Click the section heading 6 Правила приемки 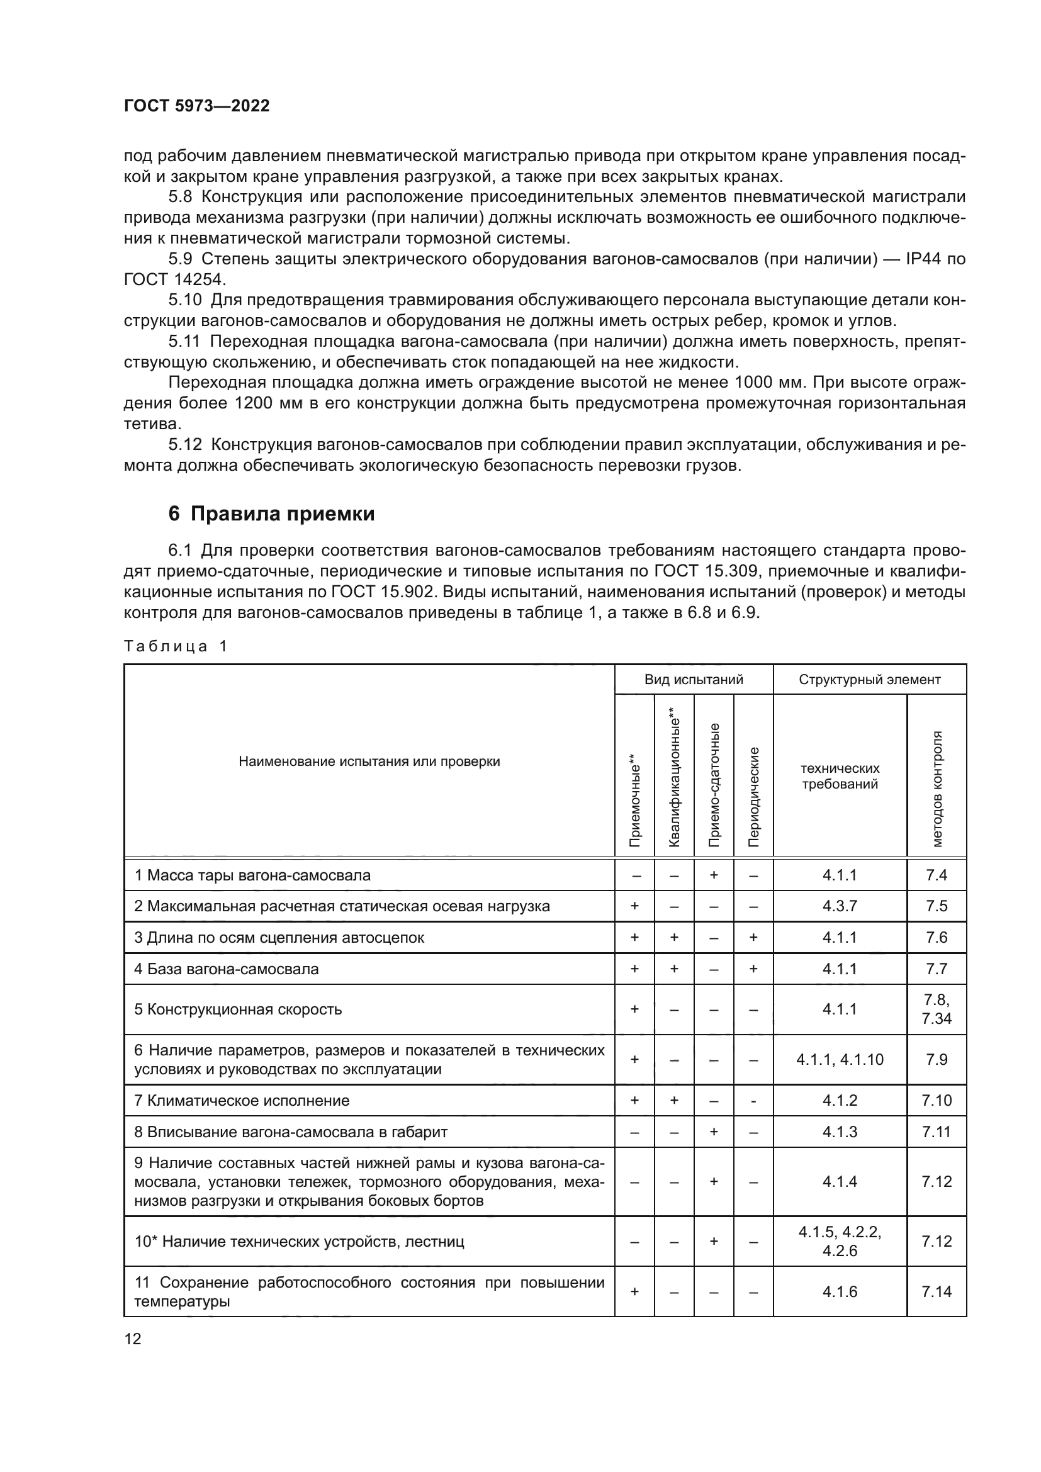click(271, 514)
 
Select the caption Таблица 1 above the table click(176, 646)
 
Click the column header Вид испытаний click(694, 679)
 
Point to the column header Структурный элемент click(869, 679)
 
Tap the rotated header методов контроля click(937, 789)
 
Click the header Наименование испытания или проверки click(369, 761)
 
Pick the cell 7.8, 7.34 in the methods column click(936, 1009)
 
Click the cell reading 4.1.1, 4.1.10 click(840, 1060)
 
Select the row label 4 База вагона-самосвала click(227, 969)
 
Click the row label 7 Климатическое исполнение click(242, 1101)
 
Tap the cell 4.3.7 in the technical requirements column click(840, 906)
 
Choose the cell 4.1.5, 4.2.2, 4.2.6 click(840, 1241)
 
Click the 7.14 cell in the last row click(936, 1292)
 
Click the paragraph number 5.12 click(185, 444)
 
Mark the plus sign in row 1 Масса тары click(714, 875)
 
